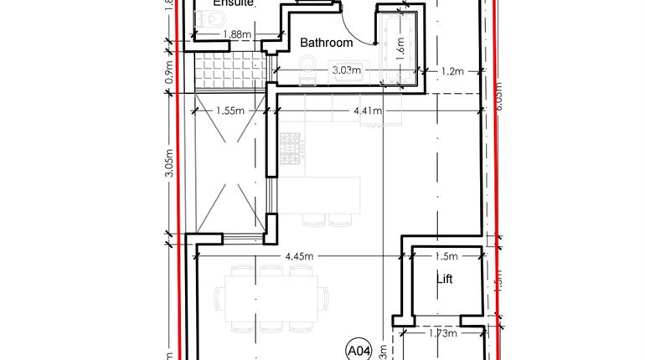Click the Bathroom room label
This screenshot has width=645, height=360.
pos(326,43)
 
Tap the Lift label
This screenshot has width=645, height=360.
pos(445,279)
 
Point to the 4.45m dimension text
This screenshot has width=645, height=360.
pos(299,255)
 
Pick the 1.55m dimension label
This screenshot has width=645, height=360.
pos(230,110)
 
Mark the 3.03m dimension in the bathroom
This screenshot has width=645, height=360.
pos(346,70)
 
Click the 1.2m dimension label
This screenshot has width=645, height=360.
pos(452,71)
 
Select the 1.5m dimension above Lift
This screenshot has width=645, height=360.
pos(446,255)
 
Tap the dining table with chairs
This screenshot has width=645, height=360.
pos(271,297)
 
